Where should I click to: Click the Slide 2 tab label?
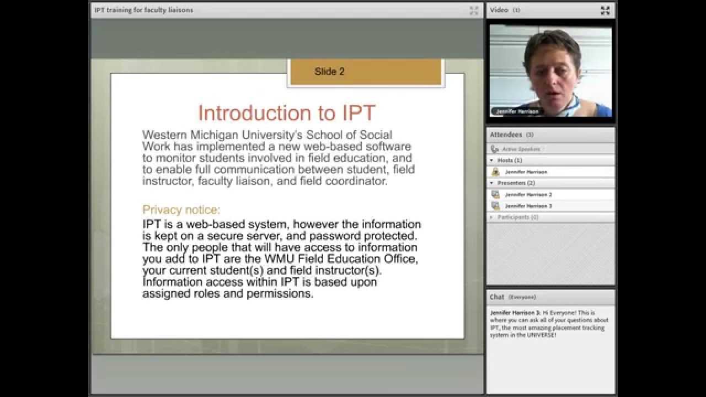click(329, 72)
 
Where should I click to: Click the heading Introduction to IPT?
click(286, 112)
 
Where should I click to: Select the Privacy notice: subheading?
click(181, 210)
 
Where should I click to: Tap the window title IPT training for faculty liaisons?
click(143, 10)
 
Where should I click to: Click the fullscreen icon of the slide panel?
click(474, 10)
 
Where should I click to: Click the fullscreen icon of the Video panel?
click(605, 10)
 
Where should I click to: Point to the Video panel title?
click(499, 10)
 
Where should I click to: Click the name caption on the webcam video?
click(517, 111)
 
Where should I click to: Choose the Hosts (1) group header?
click(510, 160)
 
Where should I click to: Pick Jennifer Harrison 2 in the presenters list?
click(528, 195)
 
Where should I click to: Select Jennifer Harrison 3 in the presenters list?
click(528, 206)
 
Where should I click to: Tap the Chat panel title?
click(497, 297)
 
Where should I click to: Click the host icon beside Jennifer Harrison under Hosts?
click(495, 172)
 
